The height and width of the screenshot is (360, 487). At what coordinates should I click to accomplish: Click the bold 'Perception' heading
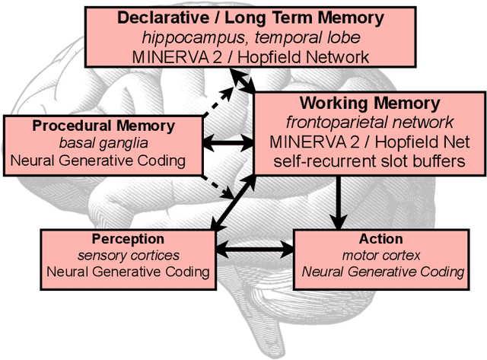point(127,239)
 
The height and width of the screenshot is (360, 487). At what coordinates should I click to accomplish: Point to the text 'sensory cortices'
point(127,255)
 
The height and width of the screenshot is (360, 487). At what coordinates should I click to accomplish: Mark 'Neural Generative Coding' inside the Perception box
point(127,272)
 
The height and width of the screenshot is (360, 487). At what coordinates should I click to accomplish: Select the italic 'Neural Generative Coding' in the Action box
point(382,272)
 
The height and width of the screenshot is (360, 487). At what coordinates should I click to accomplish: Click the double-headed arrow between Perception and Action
point(255,249)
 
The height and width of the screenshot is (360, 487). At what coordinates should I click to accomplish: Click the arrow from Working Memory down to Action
point(336,202)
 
